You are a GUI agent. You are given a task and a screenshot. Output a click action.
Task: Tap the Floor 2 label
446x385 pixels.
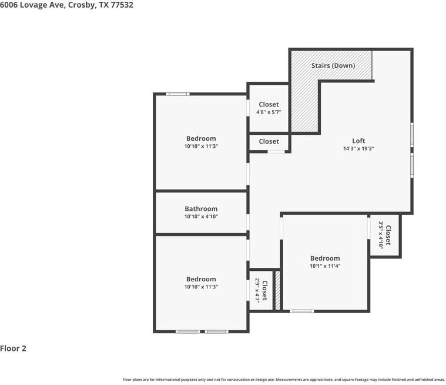[x=14, y=348]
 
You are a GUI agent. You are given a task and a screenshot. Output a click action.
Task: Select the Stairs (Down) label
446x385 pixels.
[x=333, y=65]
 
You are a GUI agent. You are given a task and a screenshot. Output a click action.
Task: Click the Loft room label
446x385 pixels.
[x=358, y=141]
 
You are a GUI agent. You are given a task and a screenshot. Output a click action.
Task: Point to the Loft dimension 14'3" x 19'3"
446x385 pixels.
[x=358, y=149]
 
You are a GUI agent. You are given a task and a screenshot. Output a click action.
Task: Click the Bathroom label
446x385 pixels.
[x=201, y=208]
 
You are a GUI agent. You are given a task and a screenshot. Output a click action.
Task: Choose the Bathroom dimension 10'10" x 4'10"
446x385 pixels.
[x=201, y=217]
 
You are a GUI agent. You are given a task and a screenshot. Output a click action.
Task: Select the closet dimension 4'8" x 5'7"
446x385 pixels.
[x=269, y=112]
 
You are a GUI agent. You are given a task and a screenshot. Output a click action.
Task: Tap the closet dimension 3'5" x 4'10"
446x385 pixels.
[x=380, y=234]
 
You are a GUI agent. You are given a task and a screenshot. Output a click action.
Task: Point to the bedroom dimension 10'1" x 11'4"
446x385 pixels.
[x=325, y=266]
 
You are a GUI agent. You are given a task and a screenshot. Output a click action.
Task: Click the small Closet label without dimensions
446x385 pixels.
[x=269, y=141]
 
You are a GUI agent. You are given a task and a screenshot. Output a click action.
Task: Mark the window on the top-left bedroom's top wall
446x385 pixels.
[x=177, y=94]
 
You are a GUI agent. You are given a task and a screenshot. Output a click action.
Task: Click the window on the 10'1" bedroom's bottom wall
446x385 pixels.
[x=302, y=311]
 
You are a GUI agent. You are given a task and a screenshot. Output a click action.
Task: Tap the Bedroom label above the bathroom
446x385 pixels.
[x=201, y=138]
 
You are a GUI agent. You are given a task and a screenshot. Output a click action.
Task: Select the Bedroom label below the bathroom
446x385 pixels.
[x=201, y=279]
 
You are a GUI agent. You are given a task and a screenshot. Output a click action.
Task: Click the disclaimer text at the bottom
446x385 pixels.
[x=283, y=380]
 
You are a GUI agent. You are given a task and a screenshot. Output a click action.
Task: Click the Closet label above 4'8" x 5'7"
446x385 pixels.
[x=269, y=104]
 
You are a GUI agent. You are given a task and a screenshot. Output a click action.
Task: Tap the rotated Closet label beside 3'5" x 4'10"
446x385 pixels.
[x=388, y=234]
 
